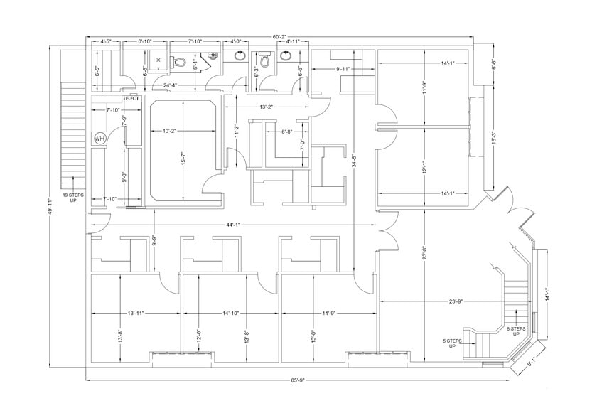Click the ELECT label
click(132, 97)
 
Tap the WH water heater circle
click(99, 139)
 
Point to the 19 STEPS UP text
click(73, 198)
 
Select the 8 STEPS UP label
click(516, 330)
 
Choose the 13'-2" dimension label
click(265, 107)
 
